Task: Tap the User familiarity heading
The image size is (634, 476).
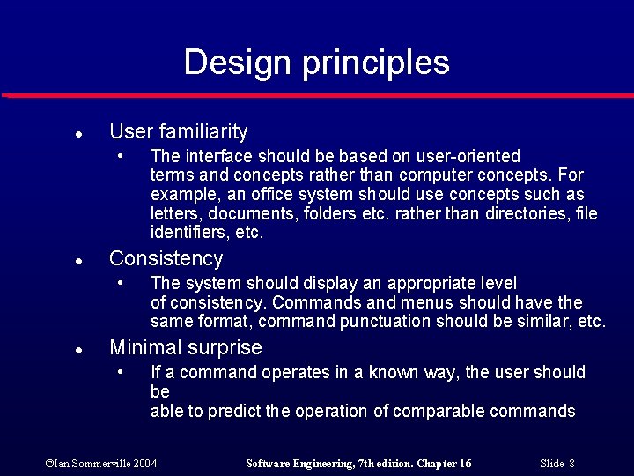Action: [x=178, y=132]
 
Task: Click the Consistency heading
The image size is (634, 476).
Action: [x=166, y=259]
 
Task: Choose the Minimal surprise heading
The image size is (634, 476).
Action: [x=185, y=348]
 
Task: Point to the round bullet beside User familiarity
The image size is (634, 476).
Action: [x=78, y=135]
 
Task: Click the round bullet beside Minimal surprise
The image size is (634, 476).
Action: [x=78, y=351]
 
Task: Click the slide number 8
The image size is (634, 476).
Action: [x=571, y=464]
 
